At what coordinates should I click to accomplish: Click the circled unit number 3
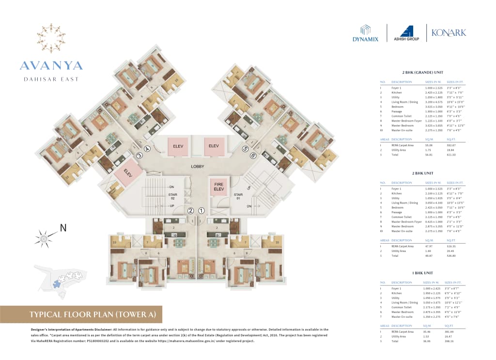(x=139, y=155)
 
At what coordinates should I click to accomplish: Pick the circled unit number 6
(x=253, y=156)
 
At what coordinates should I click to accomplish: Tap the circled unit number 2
(x=190, y=211)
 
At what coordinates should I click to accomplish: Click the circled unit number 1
(x=202, y=211)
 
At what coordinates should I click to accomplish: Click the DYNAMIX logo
(x=366, y=33)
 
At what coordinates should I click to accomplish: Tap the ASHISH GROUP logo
(x=405, y=33)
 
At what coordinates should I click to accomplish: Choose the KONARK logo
(x=449, y=32)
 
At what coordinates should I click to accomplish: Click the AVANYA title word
(x=51, y=65)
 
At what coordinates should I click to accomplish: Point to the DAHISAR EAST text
(x=51, y=79)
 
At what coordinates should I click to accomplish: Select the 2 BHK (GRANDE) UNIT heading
(x=422, y=72)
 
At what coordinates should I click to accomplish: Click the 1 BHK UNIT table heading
(x=422, y=272)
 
